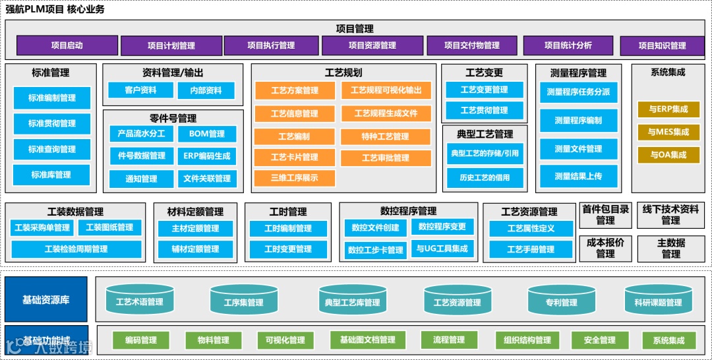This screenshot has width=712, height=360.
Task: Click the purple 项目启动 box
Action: (67, 45)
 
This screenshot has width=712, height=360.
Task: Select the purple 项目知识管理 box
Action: (662, 45)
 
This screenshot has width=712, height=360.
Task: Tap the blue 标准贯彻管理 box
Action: (52, 123)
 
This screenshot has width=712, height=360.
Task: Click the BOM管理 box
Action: (207, 134)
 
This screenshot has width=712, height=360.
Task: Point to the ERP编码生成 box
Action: (207, 156)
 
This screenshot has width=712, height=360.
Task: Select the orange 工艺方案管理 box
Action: (295, 90)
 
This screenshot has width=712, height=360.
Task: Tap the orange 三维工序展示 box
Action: (295, 178)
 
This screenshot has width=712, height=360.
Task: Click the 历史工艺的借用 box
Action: (485, 178)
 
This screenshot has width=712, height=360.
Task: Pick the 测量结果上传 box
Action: (578, 177)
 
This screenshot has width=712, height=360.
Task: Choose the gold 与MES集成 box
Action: (668, 132)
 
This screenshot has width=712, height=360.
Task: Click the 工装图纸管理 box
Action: (109, 227)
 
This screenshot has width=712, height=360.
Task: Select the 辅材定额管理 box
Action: (196, 249)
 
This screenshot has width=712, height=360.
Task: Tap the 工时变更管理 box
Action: (288, 249)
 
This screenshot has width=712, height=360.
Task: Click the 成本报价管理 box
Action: (605, 248)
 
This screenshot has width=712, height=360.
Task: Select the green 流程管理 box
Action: (449, 340)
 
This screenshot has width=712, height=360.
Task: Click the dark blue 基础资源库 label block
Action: (46, 300)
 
